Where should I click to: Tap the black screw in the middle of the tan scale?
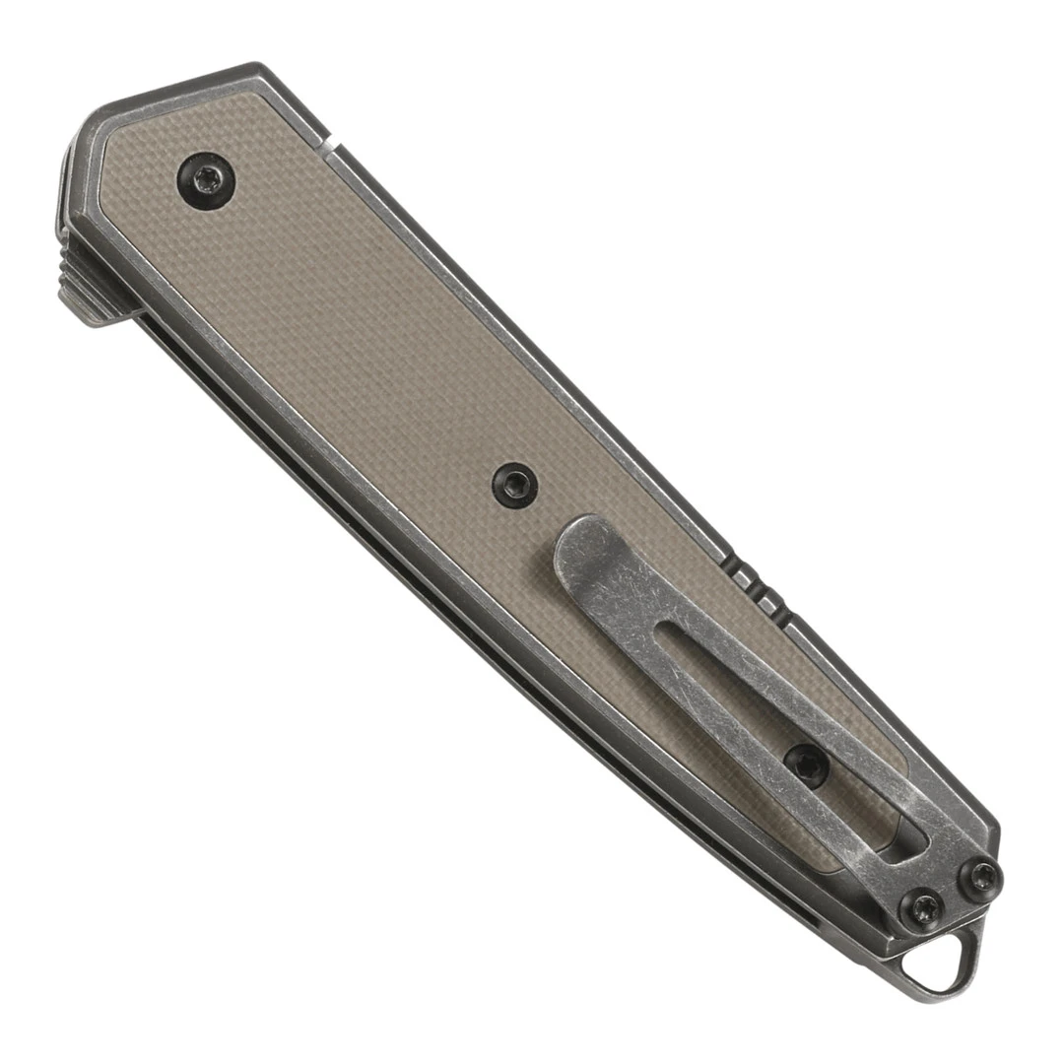[515, 486]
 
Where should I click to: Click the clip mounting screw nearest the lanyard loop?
[922, 905]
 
